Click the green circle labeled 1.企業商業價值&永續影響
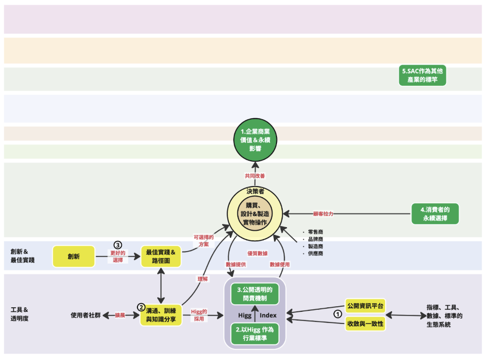tap(255, 140)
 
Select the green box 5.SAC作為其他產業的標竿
tap(422, 75)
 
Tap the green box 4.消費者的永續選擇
tap(435, 214)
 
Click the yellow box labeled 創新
tap(74, 257)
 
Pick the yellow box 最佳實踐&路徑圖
tap(161, 257)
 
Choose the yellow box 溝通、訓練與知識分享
tap(161, 315)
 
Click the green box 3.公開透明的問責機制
tap(255, 294)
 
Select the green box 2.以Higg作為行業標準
tap(255, 334)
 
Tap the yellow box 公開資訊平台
tap(365, 306)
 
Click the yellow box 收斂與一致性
tap(365, 324)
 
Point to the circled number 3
tap(118, 245)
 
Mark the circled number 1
tap(337, 314)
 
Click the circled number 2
tap(141, 307)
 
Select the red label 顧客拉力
tap(323, 214)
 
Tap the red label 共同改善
tap(255, 176)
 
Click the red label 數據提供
tap(236, 265)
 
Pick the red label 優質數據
tap(258, 254)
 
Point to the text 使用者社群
tap(86, 315)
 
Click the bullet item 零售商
tap(315, 232)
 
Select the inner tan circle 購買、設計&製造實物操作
tap(255, 214)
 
